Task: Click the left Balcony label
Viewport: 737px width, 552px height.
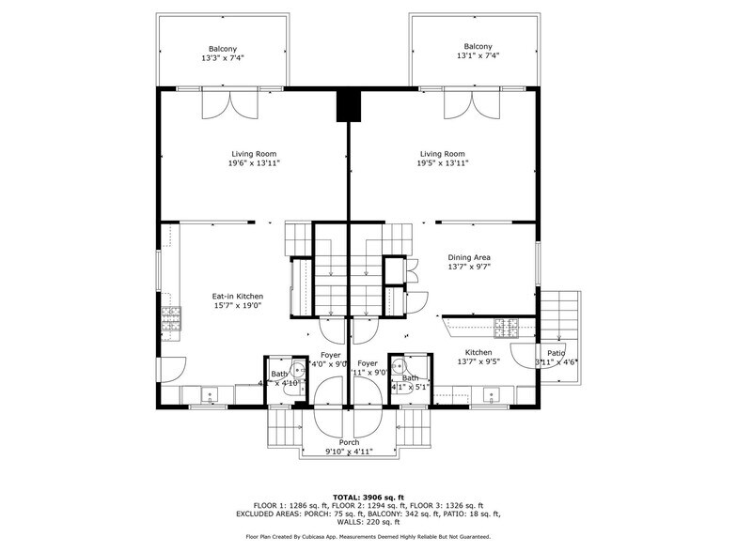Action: point(222,49)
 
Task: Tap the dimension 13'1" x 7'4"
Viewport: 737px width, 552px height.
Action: point(477,56)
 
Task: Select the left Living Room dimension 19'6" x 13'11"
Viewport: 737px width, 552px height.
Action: point(254,163)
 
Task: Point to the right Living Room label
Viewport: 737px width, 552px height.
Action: point(442,154)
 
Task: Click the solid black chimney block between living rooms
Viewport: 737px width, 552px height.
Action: point(349,105)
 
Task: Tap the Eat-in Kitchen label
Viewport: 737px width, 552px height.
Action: point(237,297)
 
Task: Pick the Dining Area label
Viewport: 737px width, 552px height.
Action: point(468,257)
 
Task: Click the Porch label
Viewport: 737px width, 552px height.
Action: point(349,442)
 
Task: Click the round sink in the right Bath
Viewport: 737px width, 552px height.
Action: point(399,367)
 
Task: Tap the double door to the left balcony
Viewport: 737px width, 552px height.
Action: point(229,105)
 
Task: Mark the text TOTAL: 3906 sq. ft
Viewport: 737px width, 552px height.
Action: point(368,497)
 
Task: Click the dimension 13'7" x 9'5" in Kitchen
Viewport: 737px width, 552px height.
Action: point(478,361)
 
